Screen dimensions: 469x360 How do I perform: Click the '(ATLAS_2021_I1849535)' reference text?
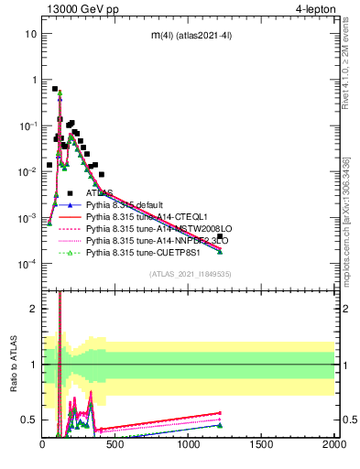pos(190,274)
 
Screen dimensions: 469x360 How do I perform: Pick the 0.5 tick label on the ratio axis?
pos(27,420)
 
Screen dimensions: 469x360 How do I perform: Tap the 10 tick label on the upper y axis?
pos(31,34)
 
